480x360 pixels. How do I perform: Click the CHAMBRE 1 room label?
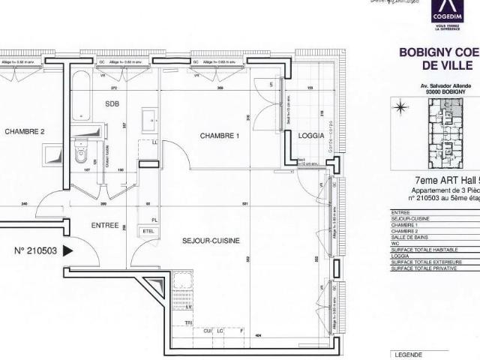coord(219,136)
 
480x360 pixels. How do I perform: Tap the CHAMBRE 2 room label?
coord(25,132)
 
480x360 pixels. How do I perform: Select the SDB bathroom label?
coord(112,103)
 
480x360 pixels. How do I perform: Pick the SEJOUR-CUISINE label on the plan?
coord(211,241)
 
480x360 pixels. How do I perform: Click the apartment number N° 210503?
coord(37,252)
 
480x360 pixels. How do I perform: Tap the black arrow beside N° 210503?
coord(68,252)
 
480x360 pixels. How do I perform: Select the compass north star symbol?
coord(400,108)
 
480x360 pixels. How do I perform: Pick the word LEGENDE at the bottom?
coord(408,354)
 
